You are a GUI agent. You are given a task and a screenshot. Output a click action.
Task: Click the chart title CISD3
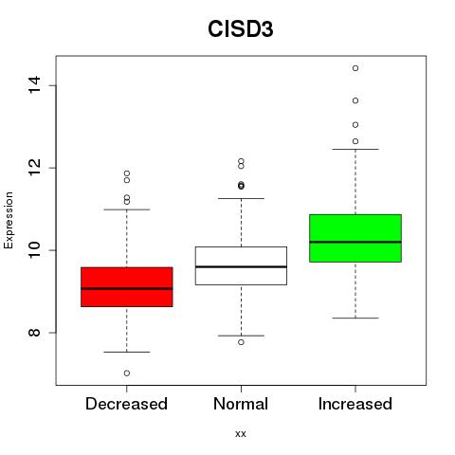241,29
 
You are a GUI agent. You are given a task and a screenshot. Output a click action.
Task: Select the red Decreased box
127,287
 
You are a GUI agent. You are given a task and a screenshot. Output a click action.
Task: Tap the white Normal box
241,265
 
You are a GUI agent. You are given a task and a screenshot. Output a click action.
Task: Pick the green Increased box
355,238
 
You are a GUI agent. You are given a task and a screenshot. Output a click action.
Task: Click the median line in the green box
355,242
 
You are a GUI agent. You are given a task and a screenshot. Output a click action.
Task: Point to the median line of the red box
127,288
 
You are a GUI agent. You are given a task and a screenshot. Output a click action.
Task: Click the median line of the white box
241,267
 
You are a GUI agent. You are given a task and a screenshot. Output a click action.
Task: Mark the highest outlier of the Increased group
355,68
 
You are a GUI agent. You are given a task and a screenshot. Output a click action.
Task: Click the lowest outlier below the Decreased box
127,373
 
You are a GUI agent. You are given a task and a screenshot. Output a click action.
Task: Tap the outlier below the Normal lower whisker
241,342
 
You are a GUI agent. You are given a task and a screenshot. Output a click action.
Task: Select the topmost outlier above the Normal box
241,161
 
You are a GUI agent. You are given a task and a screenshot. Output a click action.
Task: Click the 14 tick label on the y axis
34,85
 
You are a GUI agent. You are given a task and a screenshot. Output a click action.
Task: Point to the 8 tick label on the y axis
34,333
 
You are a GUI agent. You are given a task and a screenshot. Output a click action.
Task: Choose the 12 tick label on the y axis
34,168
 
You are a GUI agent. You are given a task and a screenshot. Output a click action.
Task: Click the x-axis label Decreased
126,404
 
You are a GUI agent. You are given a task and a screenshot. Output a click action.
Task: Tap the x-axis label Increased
355,404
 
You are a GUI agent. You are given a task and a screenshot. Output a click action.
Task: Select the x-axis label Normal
241,404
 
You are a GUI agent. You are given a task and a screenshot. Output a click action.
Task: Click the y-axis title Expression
9,220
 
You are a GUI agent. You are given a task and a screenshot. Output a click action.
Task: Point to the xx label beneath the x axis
241,434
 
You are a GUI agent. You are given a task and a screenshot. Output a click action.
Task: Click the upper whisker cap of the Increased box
355,149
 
